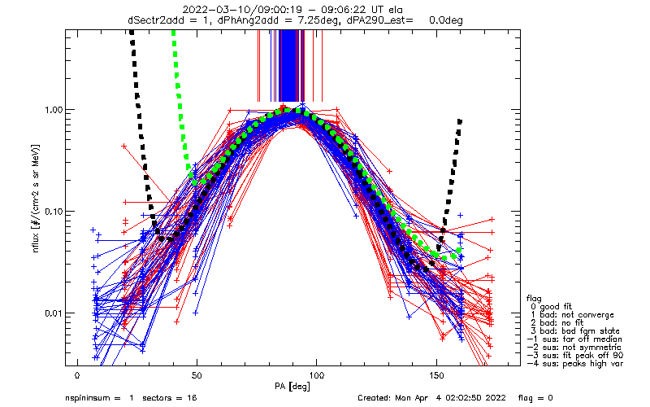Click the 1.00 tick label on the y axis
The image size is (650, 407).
coord(53,110)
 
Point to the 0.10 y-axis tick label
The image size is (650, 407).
coord(53,212)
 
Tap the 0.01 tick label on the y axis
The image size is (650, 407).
coord(53,313)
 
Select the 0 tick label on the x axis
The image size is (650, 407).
coord(77,376)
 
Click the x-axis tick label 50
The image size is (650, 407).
coord(197,376)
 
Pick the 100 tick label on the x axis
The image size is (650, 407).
coord(316,376)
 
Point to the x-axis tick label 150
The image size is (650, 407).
coord(436,376)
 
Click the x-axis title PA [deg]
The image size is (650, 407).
coord(292,387)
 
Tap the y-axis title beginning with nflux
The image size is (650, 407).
coord(36,199)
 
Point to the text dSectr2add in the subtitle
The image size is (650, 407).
coord(153,20)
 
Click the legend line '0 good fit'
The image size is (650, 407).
coord(552,307)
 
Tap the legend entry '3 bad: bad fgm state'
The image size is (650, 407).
coord(575,331)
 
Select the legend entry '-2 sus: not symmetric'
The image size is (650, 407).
coord(574,348)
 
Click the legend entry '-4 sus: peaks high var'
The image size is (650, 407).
coord(575,364)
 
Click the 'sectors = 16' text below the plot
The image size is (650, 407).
coord(170,398)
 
